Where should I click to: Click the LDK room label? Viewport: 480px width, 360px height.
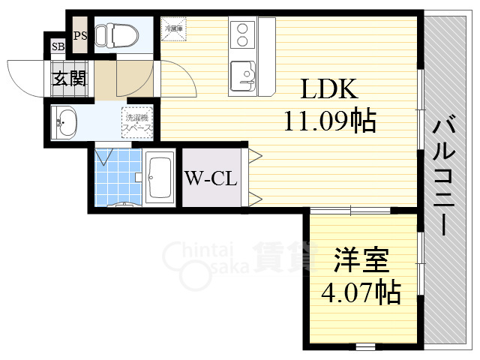click(330, 90)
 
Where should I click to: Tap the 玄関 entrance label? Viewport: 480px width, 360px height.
click(70, 77)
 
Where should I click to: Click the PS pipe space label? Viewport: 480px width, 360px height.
click(80, 35)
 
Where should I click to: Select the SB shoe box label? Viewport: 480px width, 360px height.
click(58, 47)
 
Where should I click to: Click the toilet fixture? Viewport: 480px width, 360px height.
click(120, 35)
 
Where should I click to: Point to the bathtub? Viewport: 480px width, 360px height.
click(160, 178)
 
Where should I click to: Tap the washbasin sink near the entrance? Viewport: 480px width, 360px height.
click(65, 122)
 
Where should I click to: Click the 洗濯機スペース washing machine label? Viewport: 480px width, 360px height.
click(138, 122)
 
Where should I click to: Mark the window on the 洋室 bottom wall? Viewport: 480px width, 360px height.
click(364, 345)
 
